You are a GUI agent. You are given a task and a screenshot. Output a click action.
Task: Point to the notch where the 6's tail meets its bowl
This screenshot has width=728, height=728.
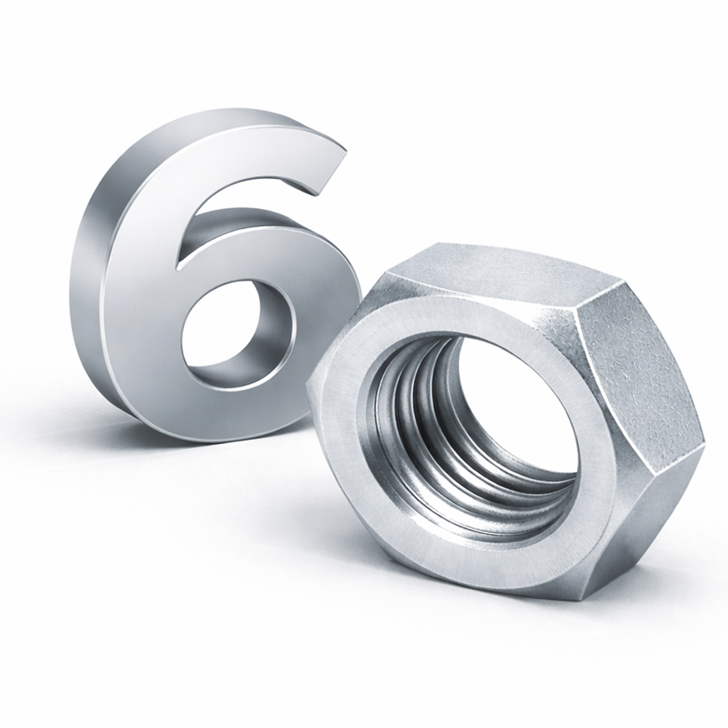pos(178,268)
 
